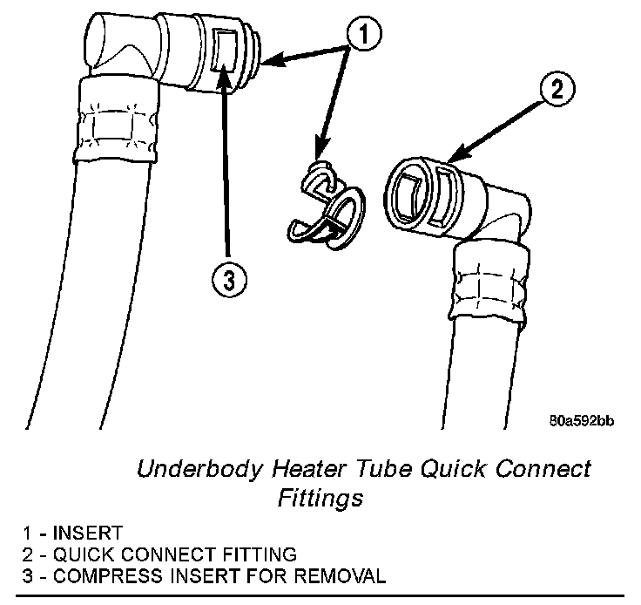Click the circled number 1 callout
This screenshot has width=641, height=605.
pyautogui.click(x=363, y=32)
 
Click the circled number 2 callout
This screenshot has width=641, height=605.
pyautogui.click(x=557, y=89)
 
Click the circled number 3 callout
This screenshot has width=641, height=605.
pyautogui.click(x=229, y=281)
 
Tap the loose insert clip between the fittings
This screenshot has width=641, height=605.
pyautogui.click(x=327, y=205)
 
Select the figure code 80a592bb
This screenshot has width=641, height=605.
pyautogui.click(x=581, y=421)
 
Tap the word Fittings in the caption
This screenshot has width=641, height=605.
pyautogui.click(x=320, y=498)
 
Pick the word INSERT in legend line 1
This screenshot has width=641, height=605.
pyautogui.click(x=88, y=533)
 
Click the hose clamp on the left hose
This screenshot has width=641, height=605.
pyautogui.click(x=118, y=119)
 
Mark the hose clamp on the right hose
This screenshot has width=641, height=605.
pyautogui.click(x=489, y=282)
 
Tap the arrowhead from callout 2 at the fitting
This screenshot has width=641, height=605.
pyautogui.click(x=457, y=154)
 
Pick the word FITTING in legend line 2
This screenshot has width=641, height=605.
pyautogui.click(x=260, y=554)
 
